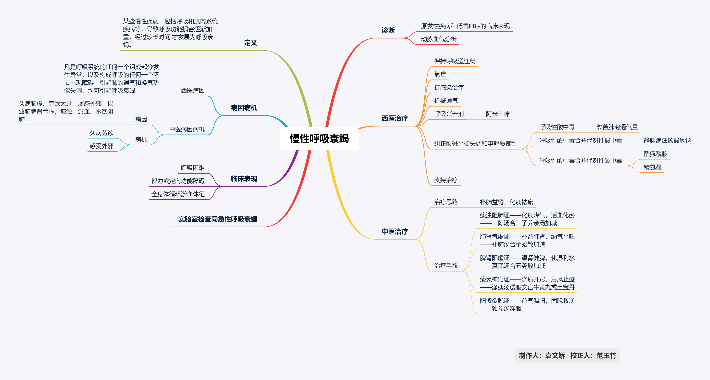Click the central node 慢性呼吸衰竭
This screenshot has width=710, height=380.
pos(319,139)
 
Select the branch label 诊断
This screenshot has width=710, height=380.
pos(388,30)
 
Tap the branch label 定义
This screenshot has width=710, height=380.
pos(250,43)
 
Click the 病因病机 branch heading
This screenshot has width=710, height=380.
pos(244,108)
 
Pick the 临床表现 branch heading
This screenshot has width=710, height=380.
pos(244,179)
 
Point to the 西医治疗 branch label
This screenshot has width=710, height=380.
pos(394,118)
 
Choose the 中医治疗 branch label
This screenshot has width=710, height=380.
pos(394,231)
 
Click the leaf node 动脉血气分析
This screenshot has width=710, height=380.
pos(439,39)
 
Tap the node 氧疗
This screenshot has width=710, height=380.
pos(440,74)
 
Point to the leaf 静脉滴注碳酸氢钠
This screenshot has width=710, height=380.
pos(667,140)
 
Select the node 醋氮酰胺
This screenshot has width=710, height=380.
pos(655,154)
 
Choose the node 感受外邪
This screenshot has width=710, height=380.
pos(101,146)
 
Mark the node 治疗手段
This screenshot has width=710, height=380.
pos(446,266)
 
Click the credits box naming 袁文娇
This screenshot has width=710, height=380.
pos(567,355)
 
